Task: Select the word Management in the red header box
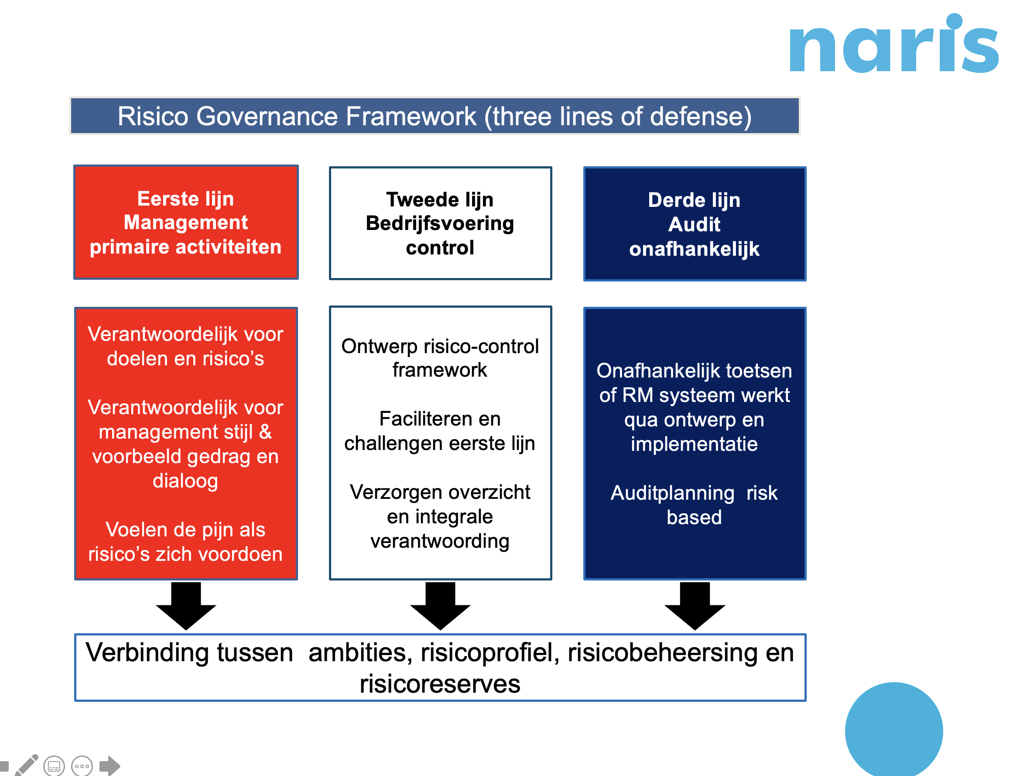tap(186, 223)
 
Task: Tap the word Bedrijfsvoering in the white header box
tap(440, 223)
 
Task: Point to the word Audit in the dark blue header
tap(694, 225)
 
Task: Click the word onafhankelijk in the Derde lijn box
tap(694, 249)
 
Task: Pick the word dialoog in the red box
tap(185, 481)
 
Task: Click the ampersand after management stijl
tap(265, 432)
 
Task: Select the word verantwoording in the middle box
tap(440, 542)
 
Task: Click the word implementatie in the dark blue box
tap(694, 444)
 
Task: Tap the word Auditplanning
tap(672, 493)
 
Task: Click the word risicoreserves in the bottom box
tap(440, 684)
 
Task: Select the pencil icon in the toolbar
tap(27, 765)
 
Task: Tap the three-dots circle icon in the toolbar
tap(82, 766)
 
